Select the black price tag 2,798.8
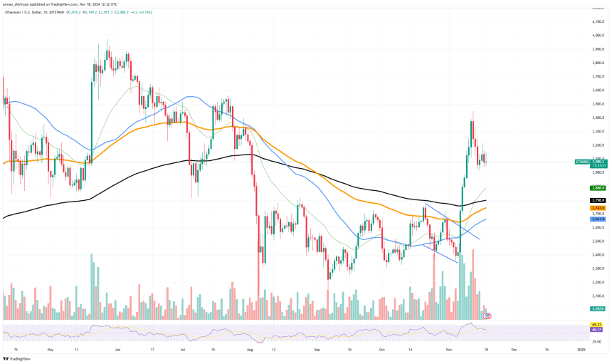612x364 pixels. point(597,201)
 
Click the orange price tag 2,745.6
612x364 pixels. point(597,208)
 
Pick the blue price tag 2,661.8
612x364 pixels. point(597,219)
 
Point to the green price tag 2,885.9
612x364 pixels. point(597,188)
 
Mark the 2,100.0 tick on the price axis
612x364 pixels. point(597,296)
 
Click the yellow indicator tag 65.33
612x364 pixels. point(597,325)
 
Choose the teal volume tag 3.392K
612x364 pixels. point(597,309)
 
